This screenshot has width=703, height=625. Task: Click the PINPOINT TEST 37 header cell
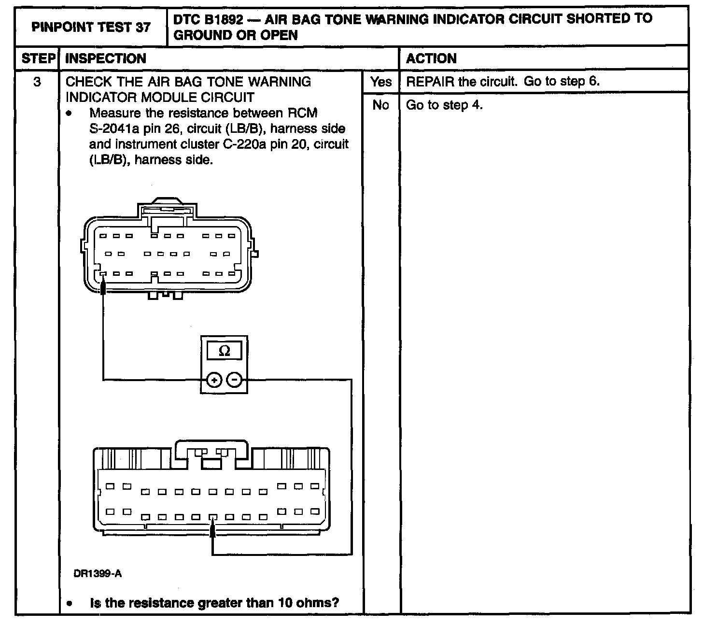91,27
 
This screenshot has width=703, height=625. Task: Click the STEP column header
38,58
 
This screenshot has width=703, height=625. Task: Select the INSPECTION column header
106,58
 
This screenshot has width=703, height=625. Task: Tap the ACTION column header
431,58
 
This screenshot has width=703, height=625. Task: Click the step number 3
37,82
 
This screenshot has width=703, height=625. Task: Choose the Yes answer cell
381,82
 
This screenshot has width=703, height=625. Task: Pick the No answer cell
381,105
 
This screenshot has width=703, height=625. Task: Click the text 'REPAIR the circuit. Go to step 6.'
503,81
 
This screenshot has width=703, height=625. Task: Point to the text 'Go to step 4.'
444,105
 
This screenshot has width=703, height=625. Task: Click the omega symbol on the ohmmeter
225,352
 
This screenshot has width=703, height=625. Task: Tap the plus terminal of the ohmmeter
213,380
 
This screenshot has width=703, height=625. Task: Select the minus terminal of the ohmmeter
235,380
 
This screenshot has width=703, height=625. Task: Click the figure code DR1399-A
98,574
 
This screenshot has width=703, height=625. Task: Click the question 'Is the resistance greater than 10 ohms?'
214,603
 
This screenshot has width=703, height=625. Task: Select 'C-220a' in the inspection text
239,144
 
